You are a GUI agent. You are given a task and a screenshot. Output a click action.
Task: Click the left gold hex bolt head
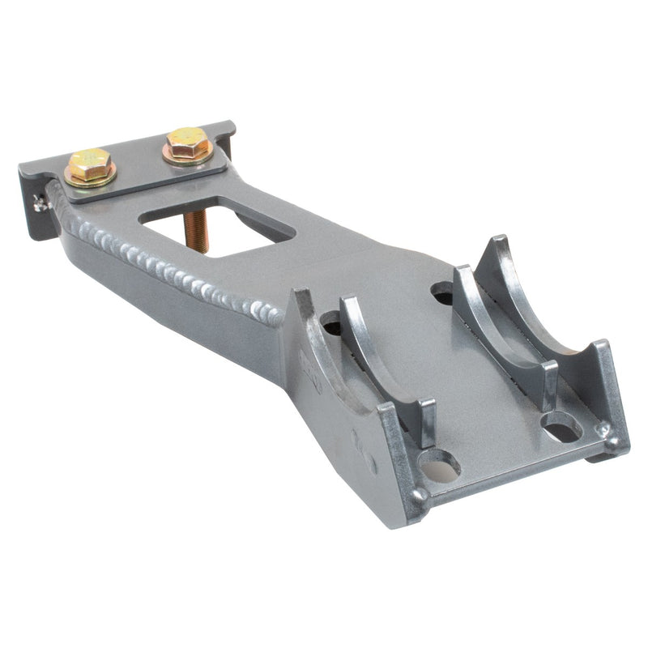[x=89, y=165]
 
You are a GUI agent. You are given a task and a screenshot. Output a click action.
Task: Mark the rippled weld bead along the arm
[x=162, y=263]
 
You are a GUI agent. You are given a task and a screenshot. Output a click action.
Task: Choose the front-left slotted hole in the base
[x=439, y=466]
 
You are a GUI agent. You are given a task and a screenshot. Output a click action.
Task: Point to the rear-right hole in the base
[x=444, y=292]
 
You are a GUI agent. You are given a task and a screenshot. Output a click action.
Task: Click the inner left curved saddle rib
[x=381, y=356]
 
